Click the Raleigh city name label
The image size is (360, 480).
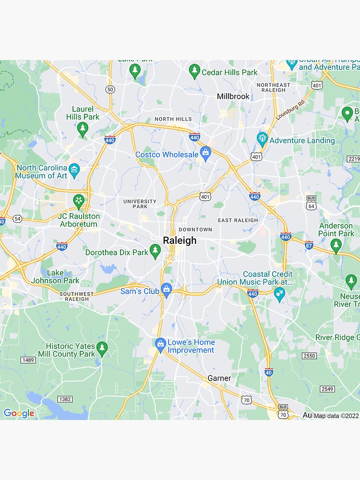point(180,240)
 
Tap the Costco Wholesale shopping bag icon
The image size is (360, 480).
point(206,153)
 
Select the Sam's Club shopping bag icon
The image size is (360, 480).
point(166,289)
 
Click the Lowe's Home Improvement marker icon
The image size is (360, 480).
point(160,344)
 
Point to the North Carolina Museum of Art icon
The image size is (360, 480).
point(74,169)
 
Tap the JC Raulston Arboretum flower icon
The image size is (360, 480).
point(78,201)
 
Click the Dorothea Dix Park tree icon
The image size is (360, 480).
point(155,250)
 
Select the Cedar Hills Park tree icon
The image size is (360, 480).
point(194,71)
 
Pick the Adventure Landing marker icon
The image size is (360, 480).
point(262,139)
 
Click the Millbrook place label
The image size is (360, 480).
point(233,96)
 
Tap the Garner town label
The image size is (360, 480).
point(219,378)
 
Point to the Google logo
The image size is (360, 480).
point(19,413)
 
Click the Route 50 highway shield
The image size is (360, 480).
point(110,89)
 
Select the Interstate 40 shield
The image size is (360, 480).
point(269,372)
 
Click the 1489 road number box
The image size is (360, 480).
point(28,360)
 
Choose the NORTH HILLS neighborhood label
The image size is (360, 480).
point(173,119)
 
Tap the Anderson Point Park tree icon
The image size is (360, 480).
point(336,245)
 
